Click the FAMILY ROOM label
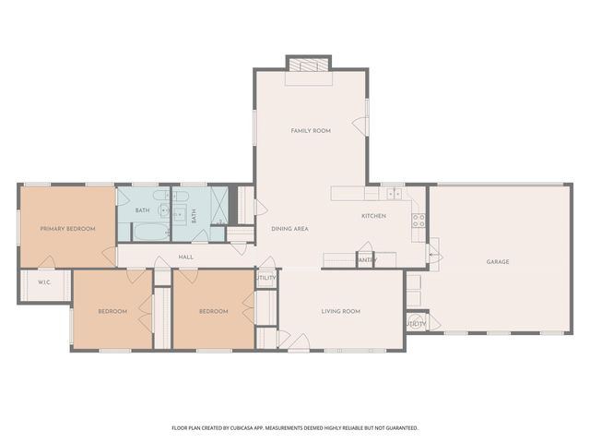pyautogui.click(x=311, y=131)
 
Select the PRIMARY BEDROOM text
pyautogui.click(x=67, y=228)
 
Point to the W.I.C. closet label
pyautogui.click(x=43, y=281)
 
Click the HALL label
pyautogui.click(x=185, y=257)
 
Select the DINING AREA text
pyautogui.click(x=289, y=228)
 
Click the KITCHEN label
pyautogui.click(x=373, y=216)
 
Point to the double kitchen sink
pyautogui.click(x=395, y=193)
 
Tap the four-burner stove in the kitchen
pyautogui.click(x=418, y=220)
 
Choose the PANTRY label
pyautogui.click(x=365, y=260)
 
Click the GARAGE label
pyautogui.click(x=498, y=261)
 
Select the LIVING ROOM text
pyautogui.click(x=340, y=311)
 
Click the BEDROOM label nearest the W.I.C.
pyautogui.click(x=112, y=311)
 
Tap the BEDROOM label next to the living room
pyautogui.click(x=213, y=311)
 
